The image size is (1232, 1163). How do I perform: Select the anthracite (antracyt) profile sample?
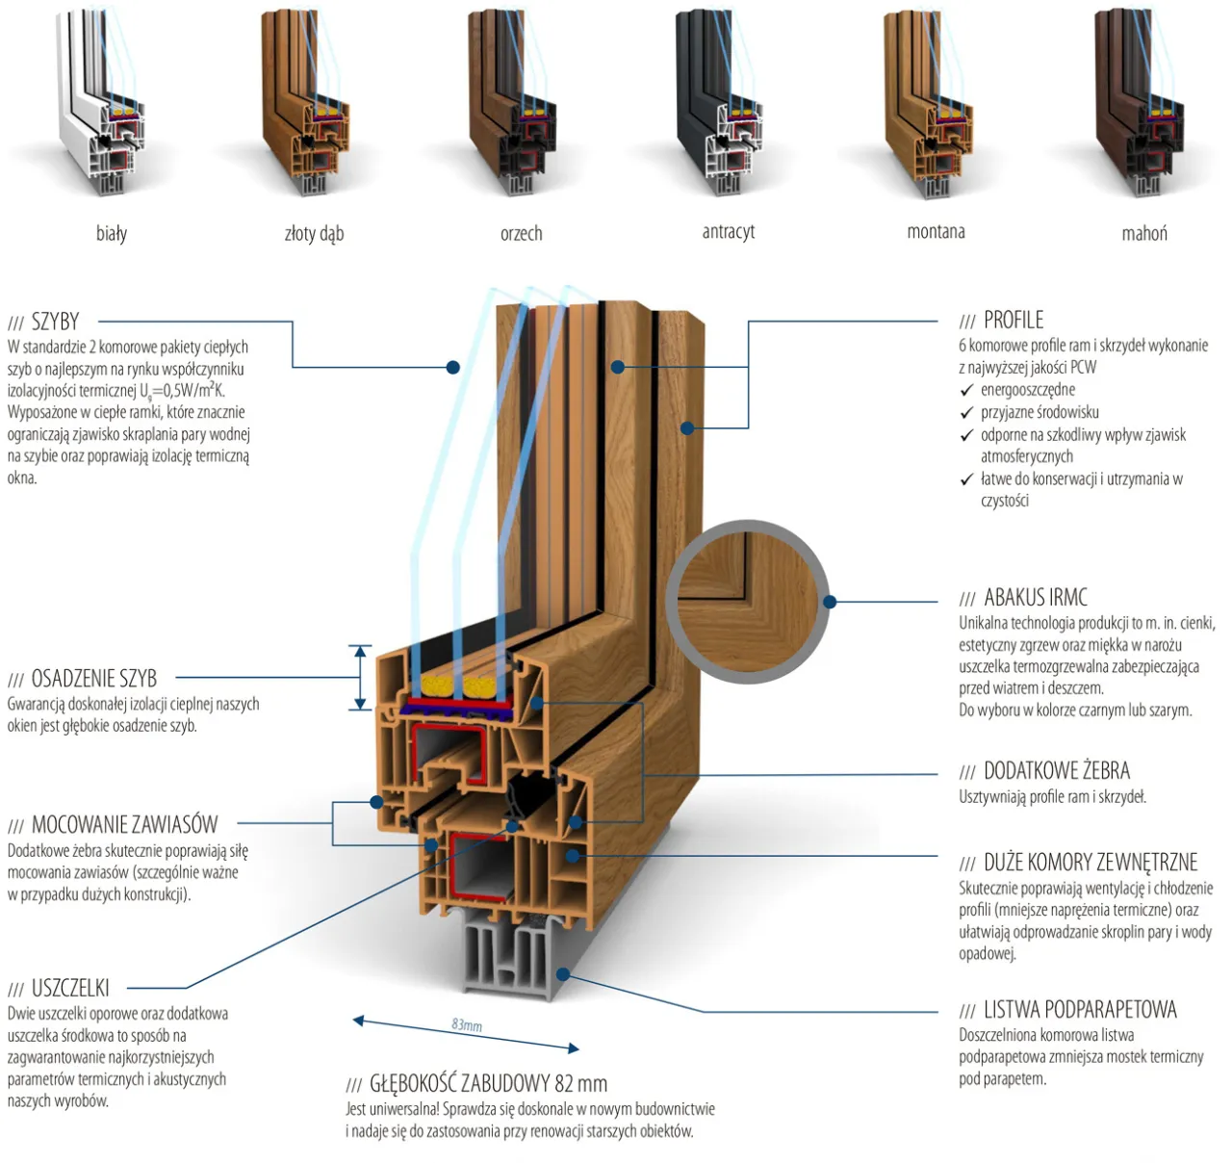click(x=722, y=106)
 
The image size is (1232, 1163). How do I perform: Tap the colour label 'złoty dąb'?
click(x=314, y=233)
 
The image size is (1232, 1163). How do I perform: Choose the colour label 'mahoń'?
click(x=1144, y=233)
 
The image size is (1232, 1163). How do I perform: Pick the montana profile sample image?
click(x=930, y=106)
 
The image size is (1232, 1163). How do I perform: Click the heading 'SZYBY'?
click(x=55, y=322)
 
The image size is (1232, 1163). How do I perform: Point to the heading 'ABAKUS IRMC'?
click(x=1035, y=598)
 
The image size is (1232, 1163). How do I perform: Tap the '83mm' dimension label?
click(x=467, y=1025)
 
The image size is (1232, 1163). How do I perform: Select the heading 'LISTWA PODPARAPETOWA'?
click(x=1079, y=1010)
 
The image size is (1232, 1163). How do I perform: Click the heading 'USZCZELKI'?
click(x=70, y=989)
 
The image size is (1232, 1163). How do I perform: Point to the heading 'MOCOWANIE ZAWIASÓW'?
click(x=124, y=825)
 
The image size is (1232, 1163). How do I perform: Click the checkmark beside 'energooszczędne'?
click(x=967, y=391)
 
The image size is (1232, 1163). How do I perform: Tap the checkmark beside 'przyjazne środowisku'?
click(x=967, y=413)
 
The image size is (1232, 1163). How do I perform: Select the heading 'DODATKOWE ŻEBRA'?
click(x=1056, y=771)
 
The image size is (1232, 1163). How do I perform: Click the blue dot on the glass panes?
click(x=453, y=367)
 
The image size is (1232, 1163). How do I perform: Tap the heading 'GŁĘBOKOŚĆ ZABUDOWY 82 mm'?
click(x=488, y=1084)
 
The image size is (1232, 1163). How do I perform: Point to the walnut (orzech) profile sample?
click(x=516, y=106)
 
